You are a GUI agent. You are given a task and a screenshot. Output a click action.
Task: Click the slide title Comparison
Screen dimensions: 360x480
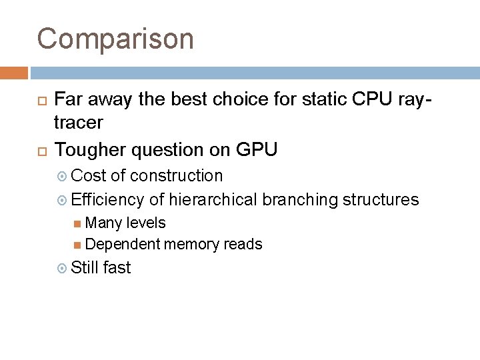(115, 39)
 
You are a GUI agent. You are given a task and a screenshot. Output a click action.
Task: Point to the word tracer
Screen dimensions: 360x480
(79, 123)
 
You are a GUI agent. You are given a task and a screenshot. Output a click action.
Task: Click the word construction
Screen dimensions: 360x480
(177, 176)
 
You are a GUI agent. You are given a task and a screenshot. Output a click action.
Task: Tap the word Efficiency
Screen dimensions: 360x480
(107, 199)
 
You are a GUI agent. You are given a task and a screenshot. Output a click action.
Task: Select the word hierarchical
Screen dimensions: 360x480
(213, 199)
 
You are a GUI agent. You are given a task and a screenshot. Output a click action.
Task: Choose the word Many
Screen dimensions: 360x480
(102, 223)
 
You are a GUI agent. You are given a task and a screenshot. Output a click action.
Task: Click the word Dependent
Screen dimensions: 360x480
(123, 245)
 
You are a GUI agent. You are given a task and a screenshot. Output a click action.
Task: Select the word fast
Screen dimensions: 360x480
(117, 268)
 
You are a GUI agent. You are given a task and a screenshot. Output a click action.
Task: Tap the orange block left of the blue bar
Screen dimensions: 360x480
(14, 72)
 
